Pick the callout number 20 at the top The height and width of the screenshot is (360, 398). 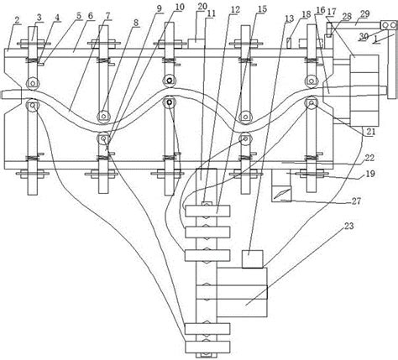pos(202,7)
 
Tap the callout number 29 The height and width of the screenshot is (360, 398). pos(364,14)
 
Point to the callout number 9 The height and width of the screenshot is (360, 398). pos(159,8)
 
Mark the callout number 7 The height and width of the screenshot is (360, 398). pos(107,16)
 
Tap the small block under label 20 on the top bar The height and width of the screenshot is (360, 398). pos(196,42)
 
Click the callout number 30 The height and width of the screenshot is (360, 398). pos(363,36)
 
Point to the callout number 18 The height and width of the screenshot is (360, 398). pos(306,14)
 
